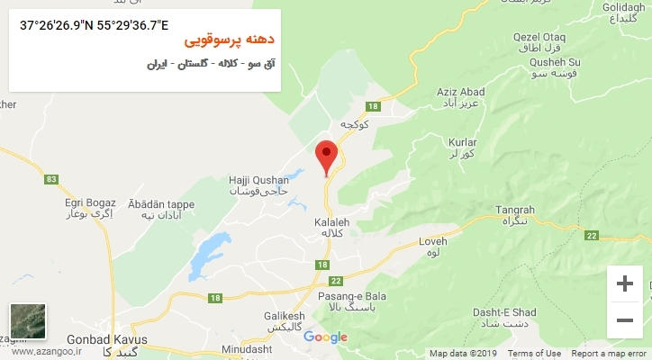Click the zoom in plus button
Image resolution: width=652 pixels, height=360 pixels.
tap(624, 283)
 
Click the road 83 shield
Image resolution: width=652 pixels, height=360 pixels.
tap(50, 180)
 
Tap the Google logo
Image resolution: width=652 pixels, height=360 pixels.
tap(325, 337)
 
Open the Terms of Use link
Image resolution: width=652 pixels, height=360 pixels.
tap(534, 354)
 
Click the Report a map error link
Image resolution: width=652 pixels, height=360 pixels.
tap(609, 354)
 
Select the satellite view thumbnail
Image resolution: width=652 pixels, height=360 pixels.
tap(28, 321)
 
